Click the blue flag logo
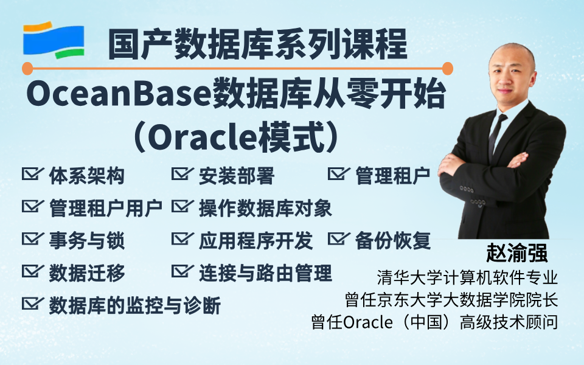coord(54,40)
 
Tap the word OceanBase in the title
coord(119,95)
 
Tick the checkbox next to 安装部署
coord(182,173)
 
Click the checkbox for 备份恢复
coord(339,238)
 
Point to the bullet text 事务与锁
coord(87,241)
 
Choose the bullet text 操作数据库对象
coord(265,208)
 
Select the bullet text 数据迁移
coord(87,273)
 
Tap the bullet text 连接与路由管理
coord(265,273)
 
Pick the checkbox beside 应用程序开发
coord(182,238)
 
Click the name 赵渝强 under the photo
coord(516,254)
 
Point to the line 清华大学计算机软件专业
coord(467,278)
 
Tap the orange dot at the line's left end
coord(27,69)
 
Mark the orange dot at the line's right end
coord(447,69)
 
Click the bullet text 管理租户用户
coord(106,208)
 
